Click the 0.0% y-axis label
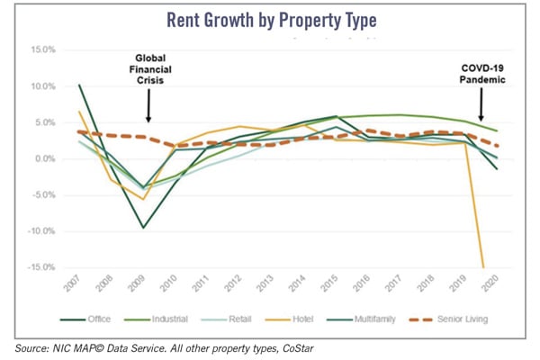tap(45, 159)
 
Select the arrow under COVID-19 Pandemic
tap(481, 110)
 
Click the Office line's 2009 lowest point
tap(143, 228)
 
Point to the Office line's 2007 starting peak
tap(79, 85)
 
